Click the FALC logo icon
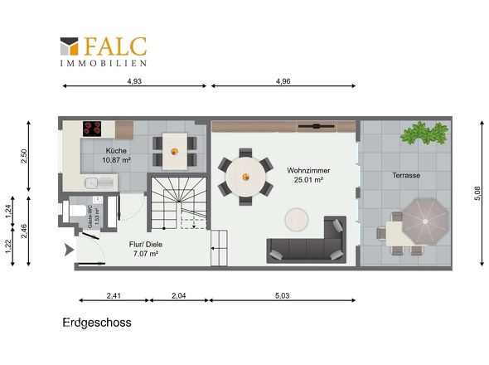click(69, 46)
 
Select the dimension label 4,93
click(134, 81)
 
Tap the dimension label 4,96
click(283, 81)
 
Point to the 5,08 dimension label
click(477, 193)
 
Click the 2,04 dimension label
click(179, 295)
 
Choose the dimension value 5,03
click(283, 295)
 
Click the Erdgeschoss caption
click(97, 323)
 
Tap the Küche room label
click(116, 151)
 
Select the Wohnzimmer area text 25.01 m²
click(308, 180)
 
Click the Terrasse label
click(406, 176)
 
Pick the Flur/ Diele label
click(146, 245)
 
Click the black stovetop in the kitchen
click(92, 129)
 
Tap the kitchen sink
click(99, 182)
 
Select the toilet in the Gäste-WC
click(75, 211)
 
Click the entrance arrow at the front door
click(69, 250)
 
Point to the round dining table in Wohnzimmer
click(246, 177)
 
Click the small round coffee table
click(297, 220)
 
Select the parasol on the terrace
click(425, 221)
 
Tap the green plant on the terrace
click(425, 133)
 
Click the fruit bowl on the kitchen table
click(175, 152)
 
